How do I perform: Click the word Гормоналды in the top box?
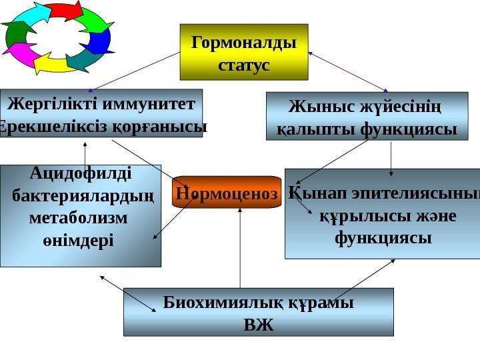click(244, 43)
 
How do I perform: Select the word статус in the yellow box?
click(244, 65)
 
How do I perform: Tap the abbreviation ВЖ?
click(259, 325)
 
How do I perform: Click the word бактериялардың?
click(83, 197)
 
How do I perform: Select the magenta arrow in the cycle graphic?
click(23, 53)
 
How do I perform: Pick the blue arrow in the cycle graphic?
click(101, 40)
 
